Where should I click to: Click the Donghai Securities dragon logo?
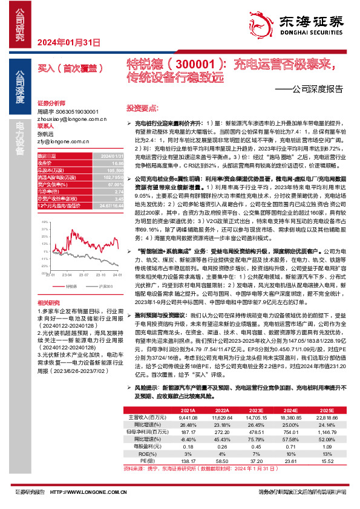pos(263,23)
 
